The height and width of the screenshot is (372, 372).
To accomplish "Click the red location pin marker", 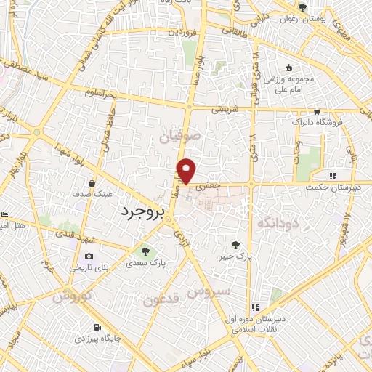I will (187, 170).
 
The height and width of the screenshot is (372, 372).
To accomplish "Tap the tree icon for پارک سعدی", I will (145, 252).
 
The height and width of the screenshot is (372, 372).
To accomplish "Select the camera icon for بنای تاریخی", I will (89, 256).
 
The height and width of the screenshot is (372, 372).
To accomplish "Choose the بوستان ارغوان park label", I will (303, 17).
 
